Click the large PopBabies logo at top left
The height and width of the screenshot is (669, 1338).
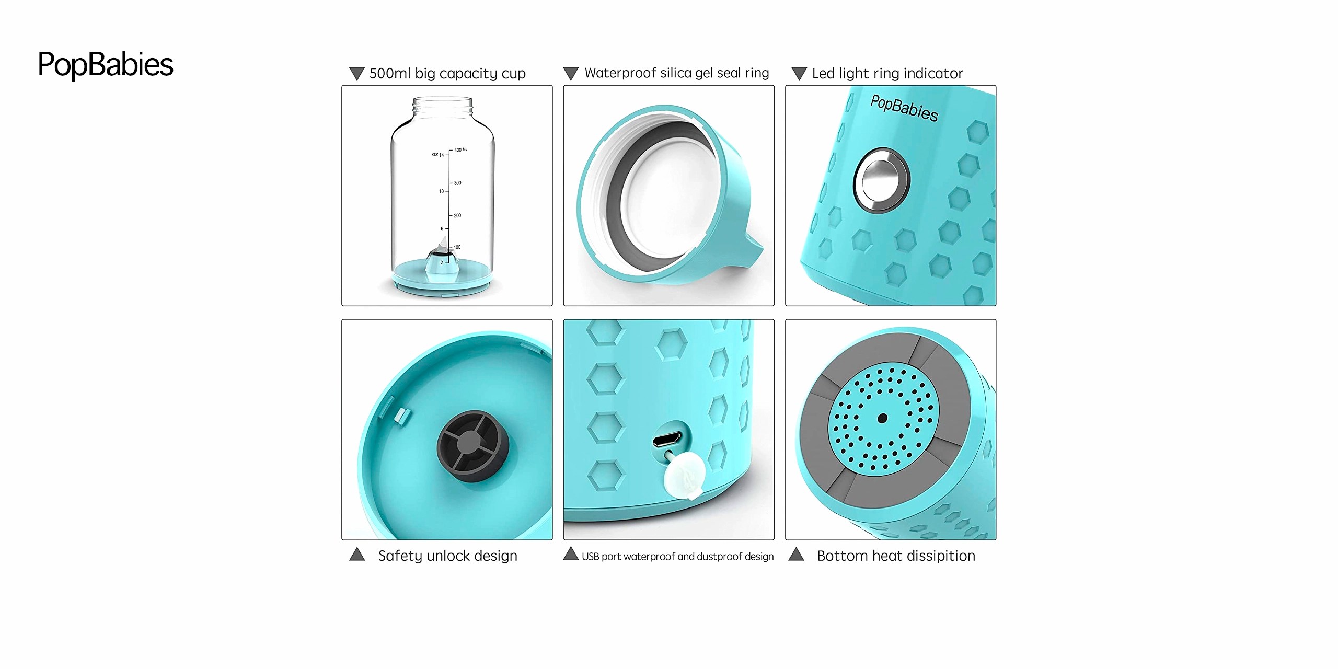[105, 65]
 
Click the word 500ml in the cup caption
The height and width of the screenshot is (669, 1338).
[389, 73]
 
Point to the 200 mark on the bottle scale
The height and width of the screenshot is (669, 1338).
[457, 215]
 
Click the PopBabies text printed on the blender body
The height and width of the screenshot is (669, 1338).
[904, 108]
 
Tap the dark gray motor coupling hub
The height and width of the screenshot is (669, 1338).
[472, 445]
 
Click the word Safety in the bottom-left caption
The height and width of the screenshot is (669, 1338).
[400, 556]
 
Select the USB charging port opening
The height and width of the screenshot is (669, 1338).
[667, 439]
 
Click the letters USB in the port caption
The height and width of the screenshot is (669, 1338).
[590, 557]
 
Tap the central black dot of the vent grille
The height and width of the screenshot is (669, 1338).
[882, 418]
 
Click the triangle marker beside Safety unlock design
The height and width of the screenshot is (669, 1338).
[357, 554]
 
